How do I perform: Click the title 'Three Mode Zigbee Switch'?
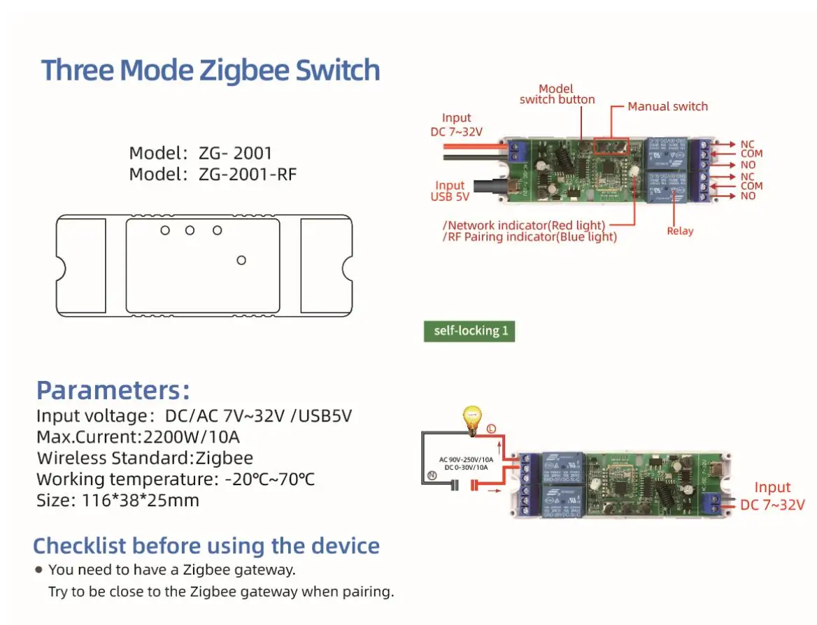[211, 71]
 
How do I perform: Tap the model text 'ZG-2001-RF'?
[248, 174]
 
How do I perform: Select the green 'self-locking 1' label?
[469, 331]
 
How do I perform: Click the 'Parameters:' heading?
[113, 389]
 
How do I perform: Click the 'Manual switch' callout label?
[667, 106]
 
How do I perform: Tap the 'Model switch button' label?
[557, 94]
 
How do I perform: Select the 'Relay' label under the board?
[679, 231]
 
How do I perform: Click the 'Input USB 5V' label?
[450, 191]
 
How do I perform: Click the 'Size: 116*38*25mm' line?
[118, 501]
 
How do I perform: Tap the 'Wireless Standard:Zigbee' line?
[145, 459]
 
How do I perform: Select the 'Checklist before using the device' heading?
[206, 546]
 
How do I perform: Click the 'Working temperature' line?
[175, 480]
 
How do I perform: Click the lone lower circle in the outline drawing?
[241, 260]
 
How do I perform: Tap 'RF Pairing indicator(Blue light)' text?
[530, 237]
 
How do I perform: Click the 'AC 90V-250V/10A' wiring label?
[466, 459]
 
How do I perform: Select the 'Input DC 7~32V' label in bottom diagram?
[772, 496]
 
